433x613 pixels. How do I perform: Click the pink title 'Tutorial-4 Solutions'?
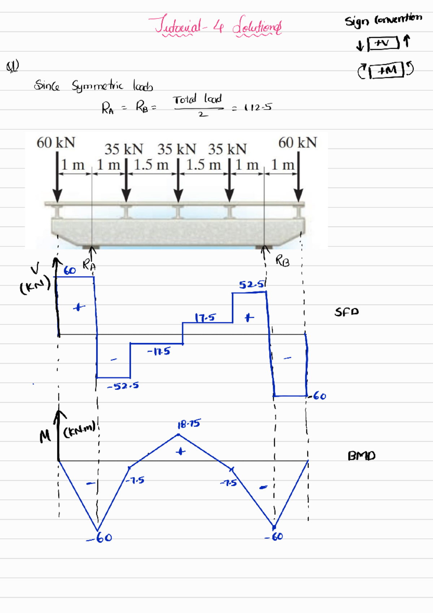(x=216, y=25)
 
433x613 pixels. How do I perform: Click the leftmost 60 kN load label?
(x=56, y=143)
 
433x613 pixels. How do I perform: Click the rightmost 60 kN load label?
(x=298, y=143)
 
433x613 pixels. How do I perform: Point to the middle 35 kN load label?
(x=176, y=149)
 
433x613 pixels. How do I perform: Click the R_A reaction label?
(x=89, y=265)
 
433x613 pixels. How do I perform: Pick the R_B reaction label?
(x=283, y=260)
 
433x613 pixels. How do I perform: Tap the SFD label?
(x=346, y=312)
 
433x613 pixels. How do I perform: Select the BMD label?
(x=361, y=456)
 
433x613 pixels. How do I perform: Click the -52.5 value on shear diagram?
(x=123, y=386)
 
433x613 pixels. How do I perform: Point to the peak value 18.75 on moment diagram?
(x=189, y=424)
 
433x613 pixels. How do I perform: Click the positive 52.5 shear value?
(x=252, y=285)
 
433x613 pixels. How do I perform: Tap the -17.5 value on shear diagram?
(x=159, y=351)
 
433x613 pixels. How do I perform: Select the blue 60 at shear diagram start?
(x=70, y=271)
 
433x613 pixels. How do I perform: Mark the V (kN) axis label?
(x=35, y=278)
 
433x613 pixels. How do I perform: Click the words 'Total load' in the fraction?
(x=197, y=99)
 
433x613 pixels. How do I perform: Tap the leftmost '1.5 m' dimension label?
(x=151, y=165)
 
